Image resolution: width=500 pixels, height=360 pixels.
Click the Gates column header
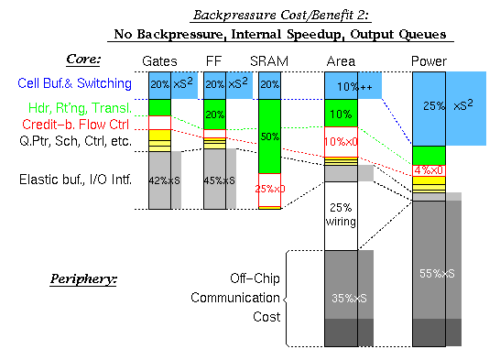click(160, 61)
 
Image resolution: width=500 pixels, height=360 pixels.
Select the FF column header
click(214, 61)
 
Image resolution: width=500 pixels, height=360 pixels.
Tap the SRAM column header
click(269, 61)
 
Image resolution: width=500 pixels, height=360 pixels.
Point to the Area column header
click(341, 61)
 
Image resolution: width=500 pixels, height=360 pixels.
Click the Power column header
click(429, 61)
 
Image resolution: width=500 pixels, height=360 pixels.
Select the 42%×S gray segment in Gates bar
click(160, 180)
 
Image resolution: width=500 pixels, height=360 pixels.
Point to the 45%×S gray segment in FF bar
click(214, 180)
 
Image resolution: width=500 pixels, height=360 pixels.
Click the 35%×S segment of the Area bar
click(341, 298)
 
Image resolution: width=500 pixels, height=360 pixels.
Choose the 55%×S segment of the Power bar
click(429, 273)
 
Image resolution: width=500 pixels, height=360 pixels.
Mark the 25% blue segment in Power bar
click(429, 106)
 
